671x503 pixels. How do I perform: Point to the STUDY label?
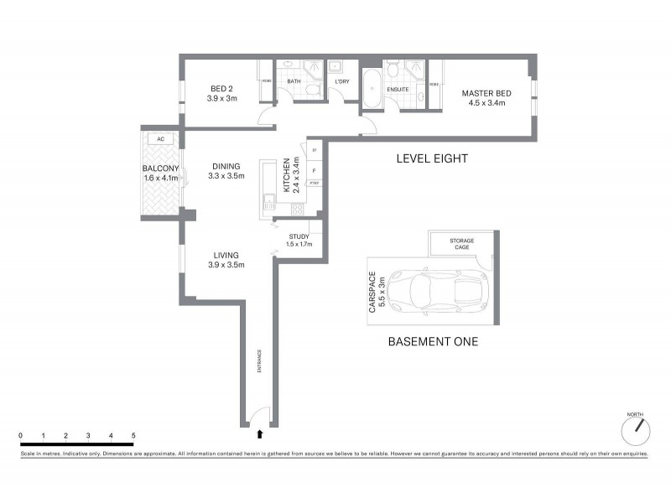tap(299, 236)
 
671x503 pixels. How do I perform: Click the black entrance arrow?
tap(260, 433)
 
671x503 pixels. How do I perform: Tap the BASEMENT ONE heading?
tap(432, 341)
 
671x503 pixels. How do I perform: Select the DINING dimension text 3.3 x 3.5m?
tap(226, 177)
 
